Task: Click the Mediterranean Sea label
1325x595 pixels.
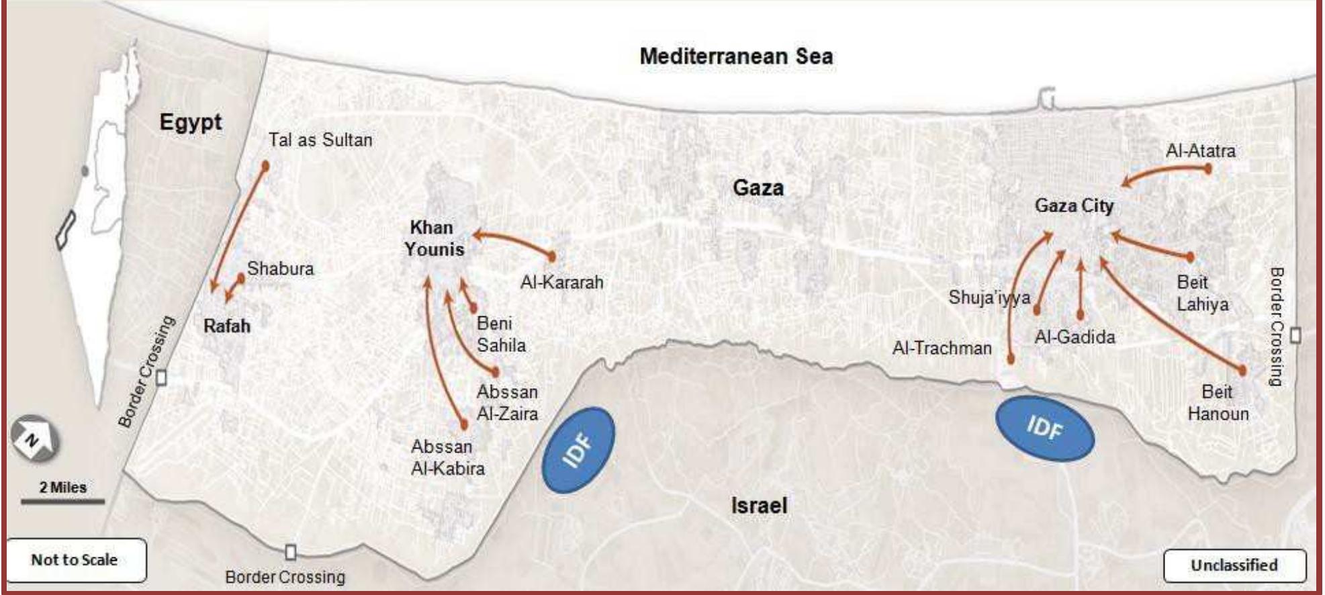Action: [736, 56]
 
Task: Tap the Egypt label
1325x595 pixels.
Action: [190, 123]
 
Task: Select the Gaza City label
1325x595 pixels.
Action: [1074, 205]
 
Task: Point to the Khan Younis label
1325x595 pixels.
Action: [434, 238]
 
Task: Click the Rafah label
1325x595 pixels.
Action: [226, 326]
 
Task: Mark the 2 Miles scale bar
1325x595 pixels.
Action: [62, 500]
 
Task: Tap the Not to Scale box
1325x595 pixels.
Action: [75, 559]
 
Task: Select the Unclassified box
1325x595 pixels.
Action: [1234, 565]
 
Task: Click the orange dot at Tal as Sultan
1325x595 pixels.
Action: [265, 165]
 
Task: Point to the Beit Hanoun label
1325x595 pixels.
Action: [1218, 402]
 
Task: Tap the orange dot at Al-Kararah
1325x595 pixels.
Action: [552, 256]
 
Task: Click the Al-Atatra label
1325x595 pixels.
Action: [1200, 150]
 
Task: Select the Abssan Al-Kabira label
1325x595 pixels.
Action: [447, 457]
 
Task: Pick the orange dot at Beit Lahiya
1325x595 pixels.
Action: [1190, 257]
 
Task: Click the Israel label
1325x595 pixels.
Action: [759, 505]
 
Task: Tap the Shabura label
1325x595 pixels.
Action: [280, 269]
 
